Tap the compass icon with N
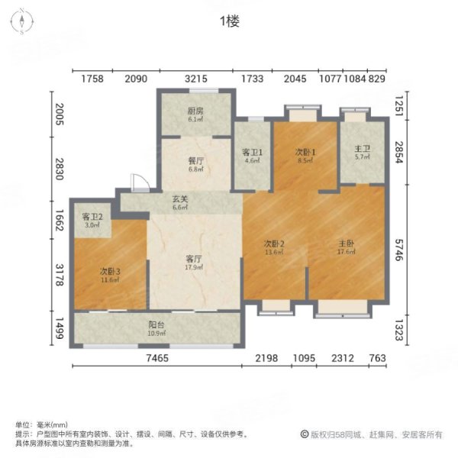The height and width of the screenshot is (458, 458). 23,21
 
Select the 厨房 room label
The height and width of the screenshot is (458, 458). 195,110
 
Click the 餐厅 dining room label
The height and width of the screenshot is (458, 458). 195,161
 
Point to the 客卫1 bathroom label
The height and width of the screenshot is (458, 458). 253,152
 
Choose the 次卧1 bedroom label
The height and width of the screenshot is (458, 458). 305,152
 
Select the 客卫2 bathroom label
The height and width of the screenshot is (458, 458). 92,217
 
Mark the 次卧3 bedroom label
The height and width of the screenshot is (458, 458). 109,272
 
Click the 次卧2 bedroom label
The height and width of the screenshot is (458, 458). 274,244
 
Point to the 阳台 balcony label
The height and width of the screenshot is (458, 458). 156,326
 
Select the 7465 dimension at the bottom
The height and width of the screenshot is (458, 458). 157,358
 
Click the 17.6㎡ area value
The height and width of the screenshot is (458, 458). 347,254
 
